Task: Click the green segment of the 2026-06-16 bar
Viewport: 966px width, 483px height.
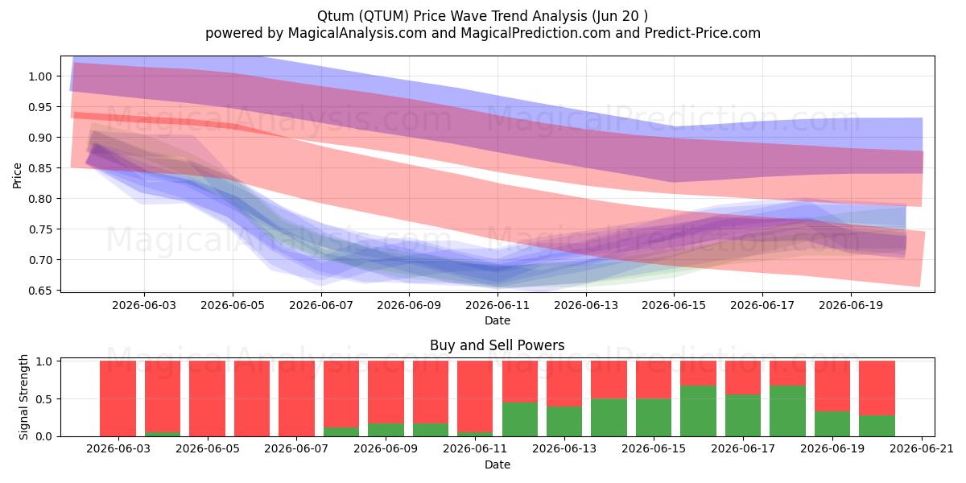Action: click(x=698, y=411)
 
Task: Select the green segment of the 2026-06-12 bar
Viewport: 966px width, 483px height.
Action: click(x=520, y=419)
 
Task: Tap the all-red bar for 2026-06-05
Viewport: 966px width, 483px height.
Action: click(x=207, y=398)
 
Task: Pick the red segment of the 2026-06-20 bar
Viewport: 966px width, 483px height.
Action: click(x=877, y=388)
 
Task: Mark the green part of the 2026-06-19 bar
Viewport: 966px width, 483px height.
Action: click(x=832, y=424)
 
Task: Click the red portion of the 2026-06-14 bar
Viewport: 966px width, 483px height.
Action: click(x=609, y=380)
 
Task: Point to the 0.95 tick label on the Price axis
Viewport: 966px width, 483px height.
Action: click(x=39, y=107)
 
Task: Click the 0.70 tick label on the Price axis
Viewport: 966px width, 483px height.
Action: click(x=39, y=260)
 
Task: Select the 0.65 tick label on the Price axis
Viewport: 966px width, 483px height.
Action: click(x=39, y=291)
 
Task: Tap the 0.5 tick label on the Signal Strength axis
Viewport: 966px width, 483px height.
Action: click(x=43, y=399)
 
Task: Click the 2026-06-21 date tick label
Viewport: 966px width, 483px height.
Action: click(x=922, y=449)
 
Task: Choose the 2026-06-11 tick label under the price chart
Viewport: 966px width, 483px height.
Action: click(x=497, y=305)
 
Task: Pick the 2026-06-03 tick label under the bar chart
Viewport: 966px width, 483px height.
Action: click(x=118, y=449)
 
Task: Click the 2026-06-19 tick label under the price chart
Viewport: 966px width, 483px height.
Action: click(x=851, y=305)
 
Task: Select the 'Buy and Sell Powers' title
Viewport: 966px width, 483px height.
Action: click(x=497, y=345)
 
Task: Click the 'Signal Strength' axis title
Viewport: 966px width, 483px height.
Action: click(x=23, y=397)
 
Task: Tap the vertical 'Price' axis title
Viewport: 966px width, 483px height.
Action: click(x=17, y=175)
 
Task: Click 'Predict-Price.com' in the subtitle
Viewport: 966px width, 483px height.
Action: click(x=703, y=33)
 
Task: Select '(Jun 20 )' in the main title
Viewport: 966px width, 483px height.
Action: click(x=620, y=16)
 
